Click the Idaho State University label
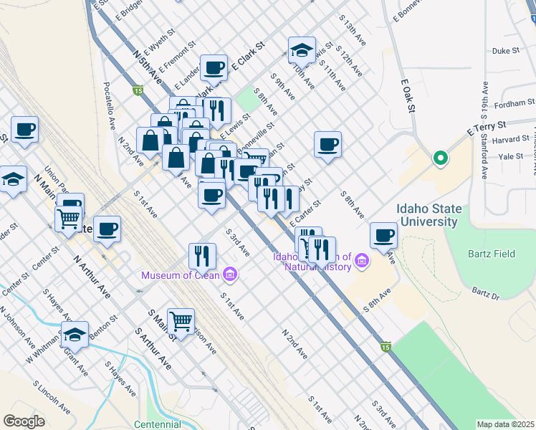[429, 216]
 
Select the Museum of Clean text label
[181, 275]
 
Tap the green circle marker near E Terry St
[441, 158]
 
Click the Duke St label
[505, 51]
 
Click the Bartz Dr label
[484, 293]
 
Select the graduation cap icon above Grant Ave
[75, 333]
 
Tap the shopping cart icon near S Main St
[181, 320]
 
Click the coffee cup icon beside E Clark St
[214, 67]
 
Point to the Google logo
[24, 421]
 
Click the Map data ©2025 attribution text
[505, 424]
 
